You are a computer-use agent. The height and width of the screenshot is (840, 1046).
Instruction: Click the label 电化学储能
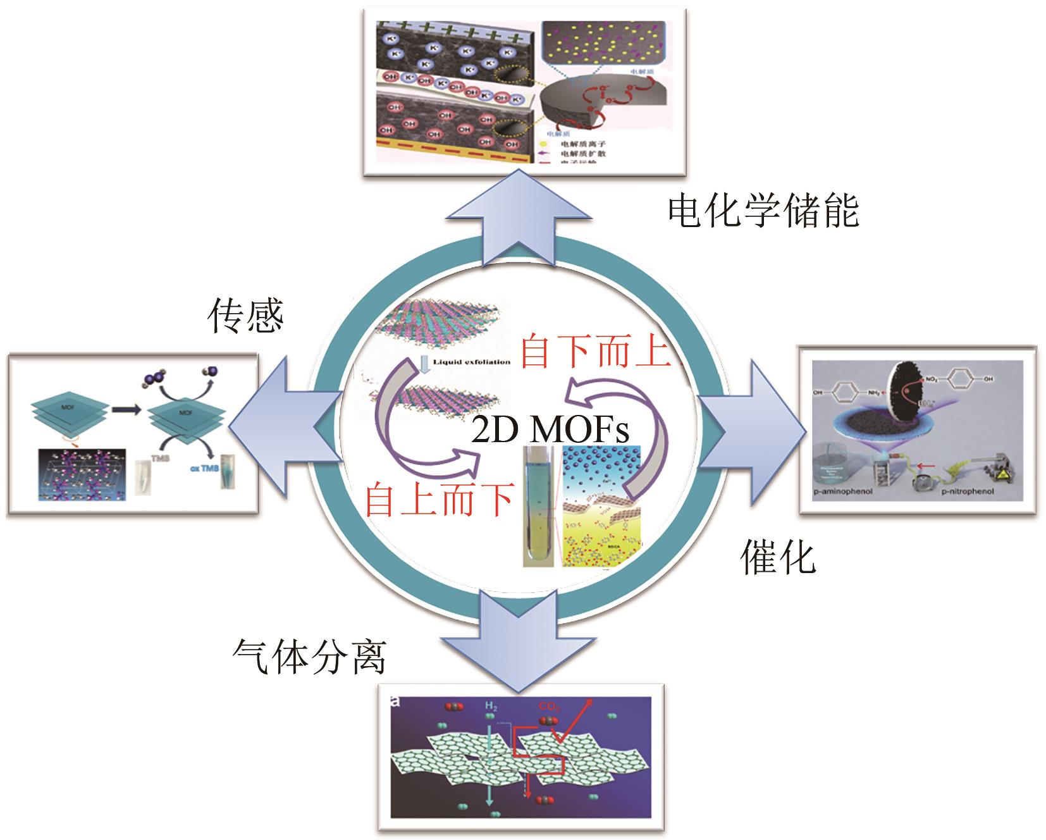coord(763,212)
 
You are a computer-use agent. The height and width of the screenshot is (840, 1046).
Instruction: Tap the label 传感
coord(245,316)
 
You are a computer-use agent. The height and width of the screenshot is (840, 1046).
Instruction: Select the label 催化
coord(778,557)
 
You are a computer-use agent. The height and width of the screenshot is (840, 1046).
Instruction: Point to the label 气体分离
coord(309,657)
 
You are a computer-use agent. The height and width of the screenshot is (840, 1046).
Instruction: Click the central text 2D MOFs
coord(550,431)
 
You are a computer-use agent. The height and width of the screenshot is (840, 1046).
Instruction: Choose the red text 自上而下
coord(439,500)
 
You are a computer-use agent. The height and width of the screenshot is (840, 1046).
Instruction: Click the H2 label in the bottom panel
coord(491,705)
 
